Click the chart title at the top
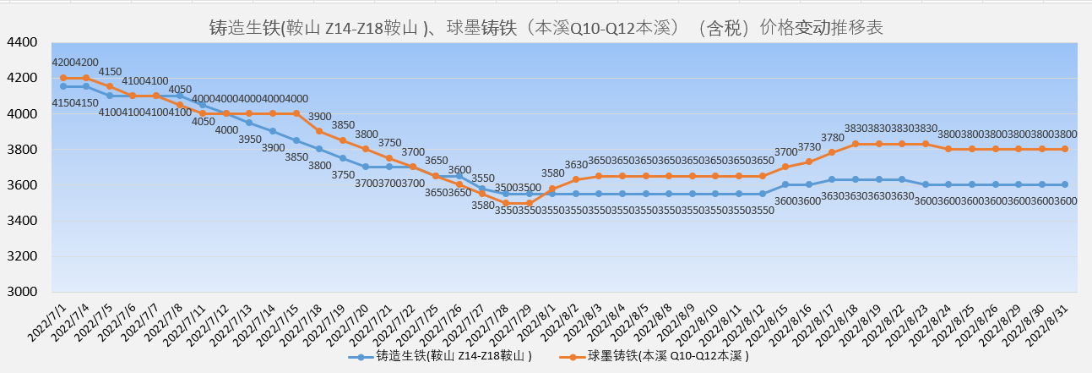click(546, 28)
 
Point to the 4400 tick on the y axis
click(21, 42)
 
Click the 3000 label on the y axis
click(21, 292)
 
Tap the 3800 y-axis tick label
click(21, 150)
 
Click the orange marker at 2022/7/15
click(296, 113)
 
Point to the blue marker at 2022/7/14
click(273, 131)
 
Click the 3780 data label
click(832, 138)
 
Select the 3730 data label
click(809, 147)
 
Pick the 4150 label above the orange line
click(111, 72)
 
